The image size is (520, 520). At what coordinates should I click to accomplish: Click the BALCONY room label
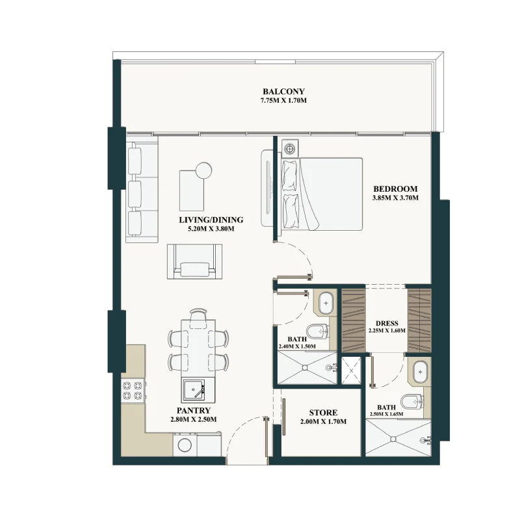tap(283, 92)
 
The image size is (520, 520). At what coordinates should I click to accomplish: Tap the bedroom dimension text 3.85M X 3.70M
tap(395, 198)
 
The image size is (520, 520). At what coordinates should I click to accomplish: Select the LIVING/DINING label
tap(211, 220)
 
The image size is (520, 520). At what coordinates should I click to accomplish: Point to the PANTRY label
tap(193, 411)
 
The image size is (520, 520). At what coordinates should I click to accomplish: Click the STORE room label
tap(323, 413)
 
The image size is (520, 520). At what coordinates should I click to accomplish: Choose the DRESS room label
tap(387, 323)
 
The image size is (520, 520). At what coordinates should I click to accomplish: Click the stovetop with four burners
tap(133, 391)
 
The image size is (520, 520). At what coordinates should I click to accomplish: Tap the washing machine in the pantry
tap(185, 445)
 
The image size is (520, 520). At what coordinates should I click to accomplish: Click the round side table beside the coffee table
tap(203, 171)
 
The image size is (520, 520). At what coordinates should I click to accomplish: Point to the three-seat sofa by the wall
tap(142, 189)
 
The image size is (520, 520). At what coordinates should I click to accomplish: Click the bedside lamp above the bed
tap(290, 148)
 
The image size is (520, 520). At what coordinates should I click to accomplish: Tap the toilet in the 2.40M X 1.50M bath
tap(317, 331)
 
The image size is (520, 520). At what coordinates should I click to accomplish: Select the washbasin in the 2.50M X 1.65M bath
tap(421, 372)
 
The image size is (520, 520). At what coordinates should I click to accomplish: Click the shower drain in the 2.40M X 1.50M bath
tap(304, 367)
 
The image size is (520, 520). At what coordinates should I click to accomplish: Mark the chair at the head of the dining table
tap(198, 315)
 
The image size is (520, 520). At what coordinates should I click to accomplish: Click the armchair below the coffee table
tap(194, 262)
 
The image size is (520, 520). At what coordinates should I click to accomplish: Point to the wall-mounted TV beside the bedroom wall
tap(267, 188)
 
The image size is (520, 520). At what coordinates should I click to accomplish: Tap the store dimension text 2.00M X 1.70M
tap(323, 421)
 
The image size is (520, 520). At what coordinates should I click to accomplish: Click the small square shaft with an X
tap(351, 370)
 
